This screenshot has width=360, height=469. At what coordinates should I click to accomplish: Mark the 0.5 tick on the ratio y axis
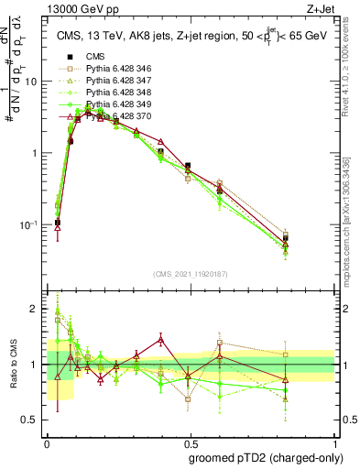(33, 393)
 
